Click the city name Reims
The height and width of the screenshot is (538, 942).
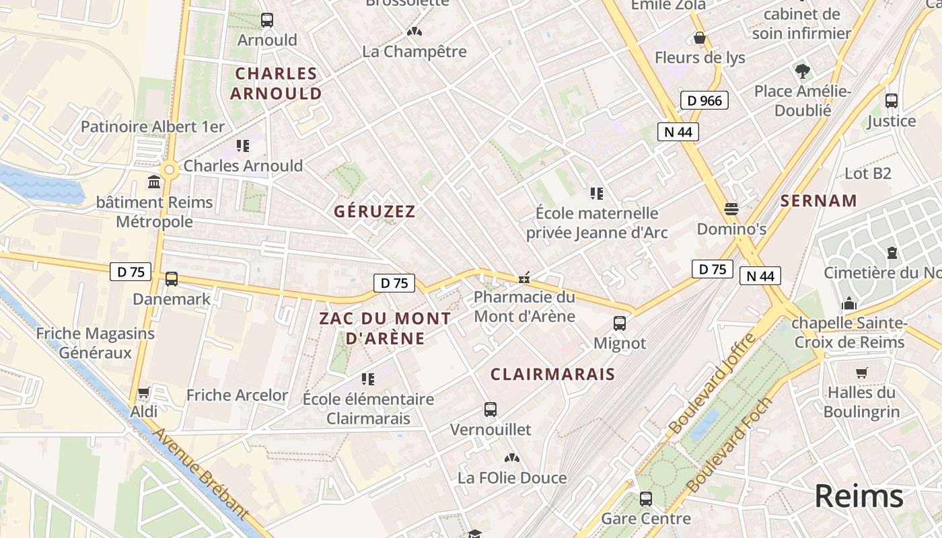click(x=859, y=496)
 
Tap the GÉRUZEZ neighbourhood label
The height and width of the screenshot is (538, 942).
click(x=375, y=211)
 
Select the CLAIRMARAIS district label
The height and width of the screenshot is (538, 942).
click(x=552, y=375)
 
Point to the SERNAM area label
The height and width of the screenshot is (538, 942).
click(x=819, y=200)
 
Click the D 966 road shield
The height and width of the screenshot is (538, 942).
click(x=704, y=101)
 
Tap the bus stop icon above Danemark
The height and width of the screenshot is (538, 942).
click(x=172, y=279)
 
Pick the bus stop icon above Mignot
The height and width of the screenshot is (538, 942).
click(x=620, y=323)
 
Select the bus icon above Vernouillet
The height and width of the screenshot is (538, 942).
click(x=491, y=410)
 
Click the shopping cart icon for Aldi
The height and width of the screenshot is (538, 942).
click(x=143, y=392)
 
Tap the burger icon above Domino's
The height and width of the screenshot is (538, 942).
click(x=731, y=209)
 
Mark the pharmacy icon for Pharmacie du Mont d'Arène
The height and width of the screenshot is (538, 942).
click(x=524, y=277)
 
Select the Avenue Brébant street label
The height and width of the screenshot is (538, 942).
click(x=201, y=474)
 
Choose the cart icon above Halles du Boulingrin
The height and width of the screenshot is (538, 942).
click(x=861, y=373)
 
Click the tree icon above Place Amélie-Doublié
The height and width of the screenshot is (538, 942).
click(x=802, y=71)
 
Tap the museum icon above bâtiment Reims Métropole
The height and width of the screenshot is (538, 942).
click(x=154, y=182)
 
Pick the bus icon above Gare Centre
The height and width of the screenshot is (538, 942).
click(x=646, y=499)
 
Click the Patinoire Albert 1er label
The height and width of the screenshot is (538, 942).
click(x=153, y=126)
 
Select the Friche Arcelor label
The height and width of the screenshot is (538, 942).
click(x=237, y=395)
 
